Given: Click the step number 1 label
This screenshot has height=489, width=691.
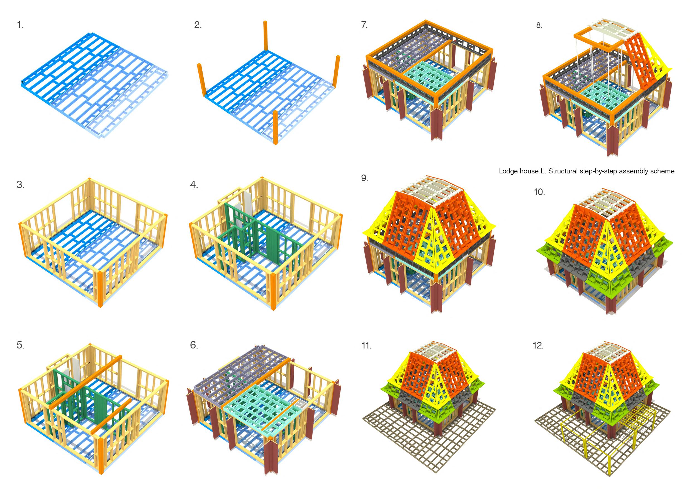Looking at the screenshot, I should click(20, 25).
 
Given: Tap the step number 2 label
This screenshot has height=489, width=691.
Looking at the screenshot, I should click(198, 25).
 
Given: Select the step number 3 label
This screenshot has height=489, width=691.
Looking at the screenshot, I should click(20, 185).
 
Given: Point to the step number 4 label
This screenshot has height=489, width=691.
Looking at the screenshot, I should click(194, 185).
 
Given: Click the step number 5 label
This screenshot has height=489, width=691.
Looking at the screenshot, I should click(20, 345).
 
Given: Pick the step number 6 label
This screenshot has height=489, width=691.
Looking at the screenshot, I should click(194, 345).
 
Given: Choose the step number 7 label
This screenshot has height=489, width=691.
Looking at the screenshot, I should click(364, 25).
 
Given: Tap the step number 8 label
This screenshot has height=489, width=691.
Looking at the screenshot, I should click(539, 26).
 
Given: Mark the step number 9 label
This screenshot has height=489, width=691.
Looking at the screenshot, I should click(364, 178).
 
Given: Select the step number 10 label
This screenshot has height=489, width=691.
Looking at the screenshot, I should click(539, 192).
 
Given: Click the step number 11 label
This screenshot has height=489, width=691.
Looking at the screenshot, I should click(366, 345).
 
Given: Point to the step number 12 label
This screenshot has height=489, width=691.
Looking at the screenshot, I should click(538, 345).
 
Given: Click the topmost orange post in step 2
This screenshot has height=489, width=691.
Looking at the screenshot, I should click(266, 35).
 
